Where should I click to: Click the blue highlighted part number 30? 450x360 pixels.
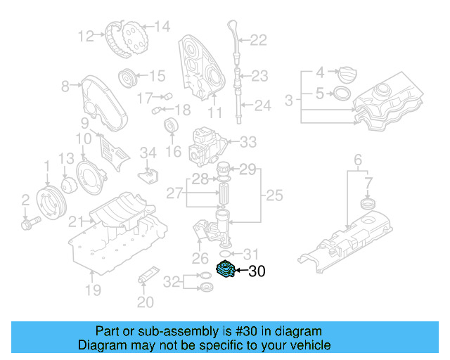click(x=225, y=269)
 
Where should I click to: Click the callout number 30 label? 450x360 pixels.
click(x=257, y=271)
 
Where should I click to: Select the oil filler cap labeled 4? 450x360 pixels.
click(x=348, y=72)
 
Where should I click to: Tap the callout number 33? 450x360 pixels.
click(x=249, y=142)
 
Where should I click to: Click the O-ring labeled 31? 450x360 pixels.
click(x=225, y=252)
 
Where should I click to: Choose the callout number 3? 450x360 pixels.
click(x=288, y=101)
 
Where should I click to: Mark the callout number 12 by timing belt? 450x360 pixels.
click(x=86, y=35)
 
